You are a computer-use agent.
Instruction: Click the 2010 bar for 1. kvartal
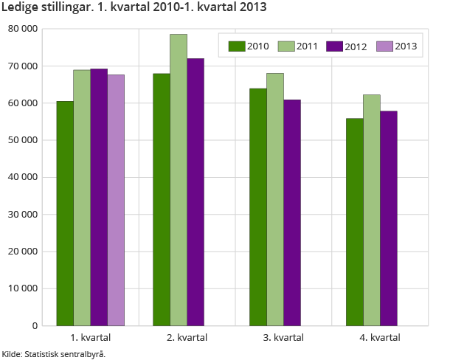coord(65,213)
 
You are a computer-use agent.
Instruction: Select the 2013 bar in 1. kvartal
coord(116,200)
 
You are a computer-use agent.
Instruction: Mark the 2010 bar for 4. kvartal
coord(354,221)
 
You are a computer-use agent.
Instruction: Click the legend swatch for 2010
coord(236,46)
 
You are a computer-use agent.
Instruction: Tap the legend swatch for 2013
coord(384,46)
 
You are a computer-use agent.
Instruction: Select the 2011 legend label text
coord(307,46)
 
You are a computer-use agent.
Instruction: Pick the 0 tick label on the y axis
coord(35,325)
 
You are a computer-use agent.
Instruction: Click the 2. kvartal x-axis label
coord(187,337)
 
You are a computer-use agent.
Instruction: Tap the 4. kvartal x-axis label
coord(380,337)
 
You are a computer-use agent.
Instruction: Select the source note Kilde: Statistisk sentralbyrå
coord(54,354)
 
